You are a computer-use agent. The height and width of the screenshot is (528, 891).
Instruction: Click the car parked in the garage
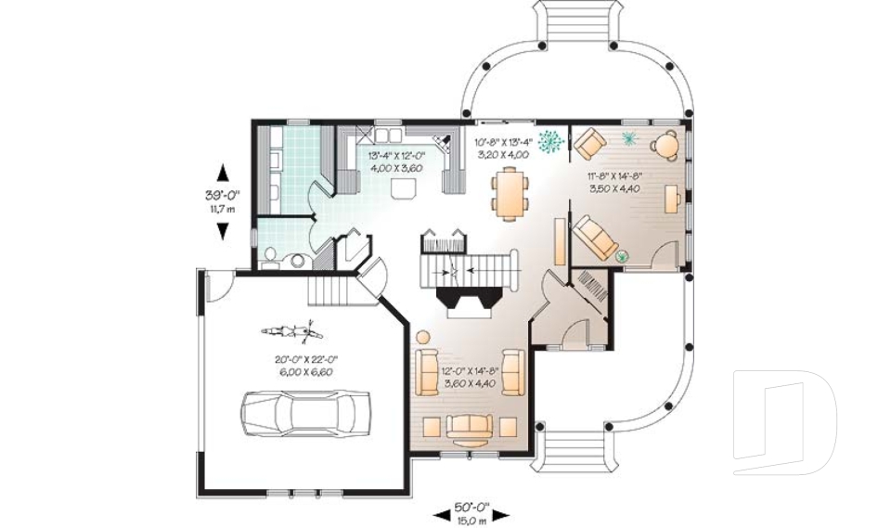(305, 411)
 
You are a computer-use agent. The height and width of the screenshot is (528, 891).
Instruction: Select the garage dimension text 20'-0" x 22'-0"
(303, 365)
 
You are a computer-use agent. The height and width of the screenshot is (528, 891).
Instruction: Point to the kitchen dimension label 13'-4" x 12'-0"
(395, 162)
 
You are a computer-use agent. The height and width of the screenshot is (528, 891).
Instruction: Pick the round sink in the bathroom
(298, 261)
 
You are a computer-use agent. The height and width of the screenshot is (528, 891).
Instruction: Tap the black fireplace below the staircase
(471, 301)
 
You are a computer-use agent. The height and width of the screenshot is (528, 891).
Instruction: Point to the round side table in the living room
(423, 337)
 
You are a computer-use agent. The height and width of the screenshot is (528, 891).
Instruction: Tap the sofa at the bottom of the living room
(470, 427)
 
